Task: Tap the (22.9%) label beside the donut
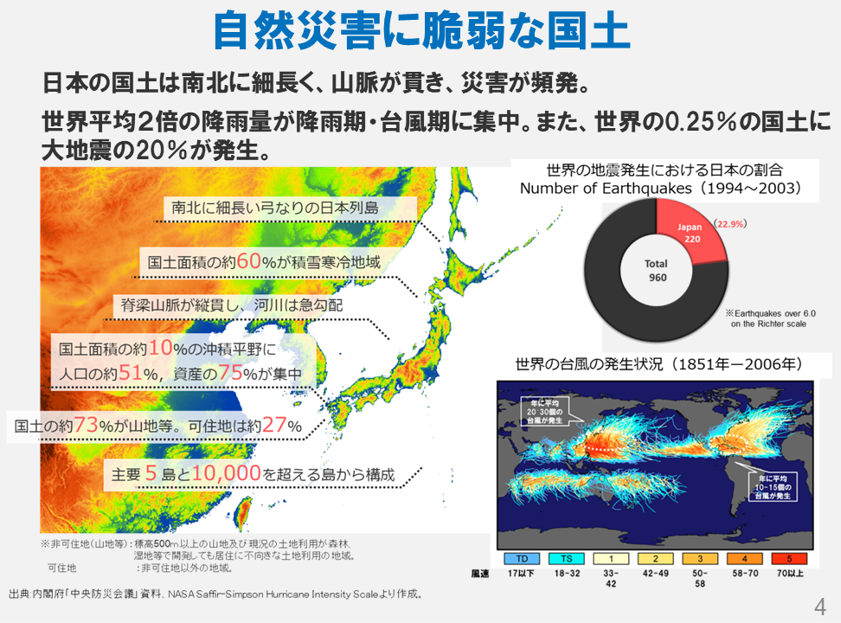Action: coord(730,223)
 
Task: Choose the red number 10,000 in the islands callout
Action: coord(228,474)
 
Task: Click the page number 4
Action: coord(820,605)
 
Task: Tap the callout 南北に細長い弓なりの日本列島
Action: coord(275,209)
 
